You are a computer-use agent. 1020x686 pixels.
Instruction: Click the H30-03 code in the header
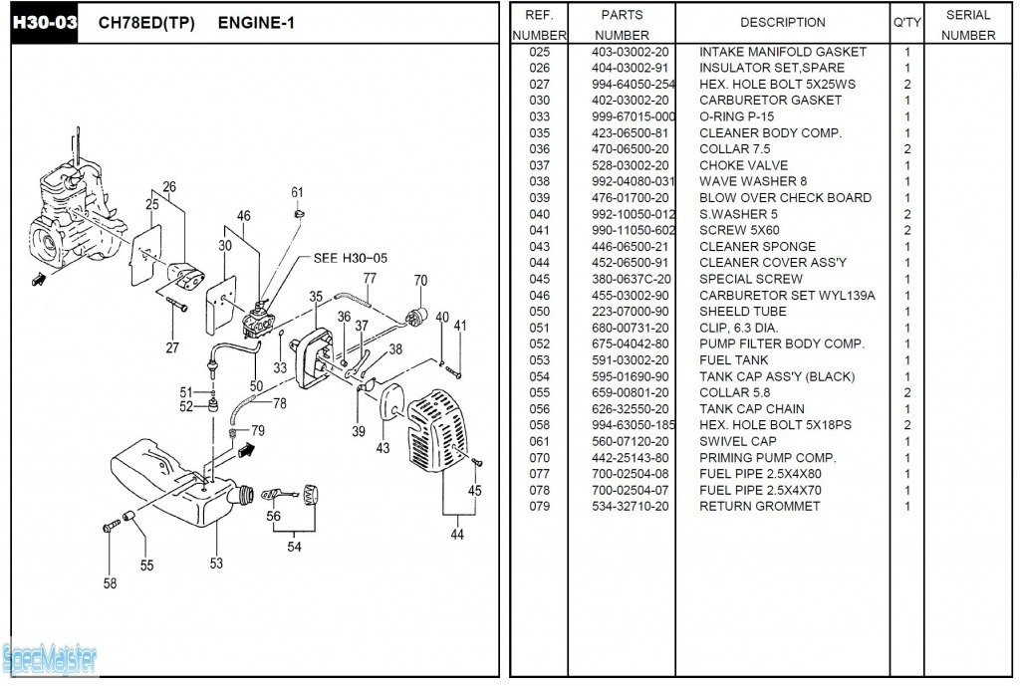[x=44, y=23]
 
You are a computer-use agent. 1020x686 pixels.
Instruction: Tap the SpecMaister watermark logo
[x=50, y=658]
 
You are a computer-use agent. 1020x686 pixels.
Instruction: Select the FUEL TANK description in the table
[x=735, y=360]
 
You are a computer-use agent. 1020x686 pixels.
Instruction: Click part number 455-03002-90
[x=631, y=296]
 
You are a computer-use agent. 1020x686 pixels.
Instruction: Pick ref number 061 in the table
[x=539, y=441]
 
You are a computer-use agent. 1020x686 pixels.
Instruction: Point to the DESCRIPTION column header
[x=782, y=23]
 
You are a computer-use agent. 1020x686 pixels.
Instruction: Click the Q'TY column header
[x=906, y=23]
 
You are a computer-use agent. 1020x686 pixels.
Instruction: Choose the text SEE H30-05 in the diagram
[x=350, y=258]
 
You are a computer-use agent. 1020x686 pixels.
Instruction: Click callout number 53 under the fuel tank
[x=216, y=565]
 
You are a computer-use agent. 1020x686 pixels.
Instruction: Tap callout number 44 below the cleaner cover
[x=456, y=535]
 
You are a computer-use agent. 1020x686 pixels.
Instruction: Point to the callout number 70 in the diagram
[x=420, y=281]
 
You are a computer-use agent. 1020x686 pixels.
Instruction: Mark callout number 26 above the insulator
[x=169, y=187]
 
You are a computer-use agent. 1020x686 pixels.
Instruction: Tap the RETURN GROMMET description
[x=759, y=507]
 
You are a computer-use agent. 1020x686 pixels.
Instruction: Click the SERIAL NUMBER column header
[x=967, y=25]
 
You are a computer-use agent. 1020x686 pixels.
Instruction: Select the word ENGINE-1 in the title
[x=257, y=23]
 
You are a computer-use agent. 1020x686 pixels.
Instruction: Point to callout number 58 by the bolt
[x=110, y=583]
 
